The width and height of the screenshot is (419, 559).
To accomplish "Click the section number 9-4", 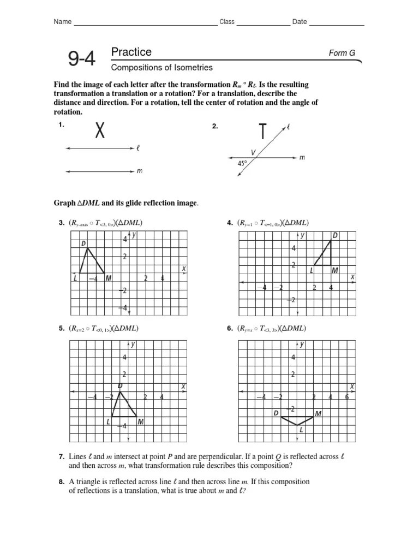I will [x=81, y=58].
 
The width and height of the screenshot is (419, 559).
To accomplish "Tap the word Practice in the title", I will [x=131, y=52].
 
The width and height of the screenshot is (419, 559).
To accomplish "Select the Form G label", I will [x=342, y=53].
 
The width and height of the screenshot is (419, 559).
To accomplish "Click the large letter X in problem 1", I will [x=99, y=130].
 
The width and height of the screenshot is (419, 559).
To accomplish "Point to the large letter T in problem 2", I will [x=262, y=132].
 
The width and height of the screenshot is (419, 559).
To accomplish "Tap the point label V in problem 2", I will [x=253, y=152].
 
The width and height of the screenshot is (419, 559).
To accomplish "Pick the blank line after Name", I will [x=145, y=24].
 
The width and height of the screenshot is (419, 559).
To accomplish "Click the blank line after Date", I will [x=337, y=24].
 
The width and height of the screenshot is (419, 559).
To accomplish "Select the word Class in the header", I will [x=227, y=22].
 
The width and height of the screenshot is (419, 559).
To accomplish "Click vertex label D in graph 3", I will [x=83, y=243].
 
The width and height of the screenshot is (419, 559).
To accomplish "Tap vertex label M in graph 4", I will [x=334, y=270].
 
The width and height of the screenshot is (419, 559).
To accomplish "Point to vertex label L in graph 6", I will [x=301, y=430].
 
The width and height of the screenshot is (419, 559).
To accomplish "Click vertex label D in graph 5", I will [x=119, y=386].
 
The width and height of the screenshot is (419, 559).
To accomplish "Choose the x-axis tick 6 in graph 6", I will [x=347, y=397].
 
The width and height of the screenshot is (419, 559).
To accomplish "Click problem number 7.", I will [x=62, y=456].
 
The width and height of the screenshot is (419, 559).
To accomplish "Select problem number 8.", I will [x=62, y=481].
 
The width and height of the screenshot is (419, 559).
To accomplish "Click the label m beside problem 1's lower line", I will [x=140, y=171].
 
